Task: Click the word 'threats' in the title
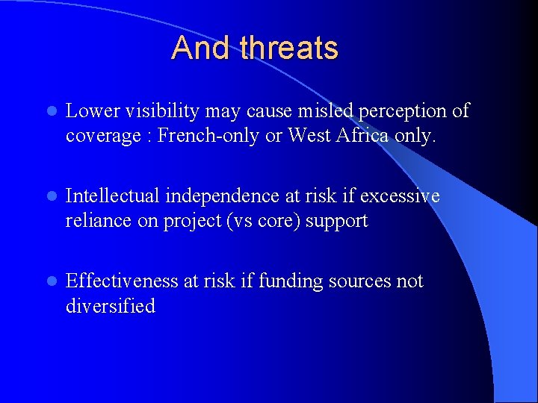click(289, 49)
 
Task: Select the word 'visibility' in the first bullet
click(153, 111)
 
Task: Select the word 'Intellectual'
click(113, 196)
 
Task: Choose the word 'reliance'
click(93, 221)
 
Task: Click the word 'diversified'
click(111, 306)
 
